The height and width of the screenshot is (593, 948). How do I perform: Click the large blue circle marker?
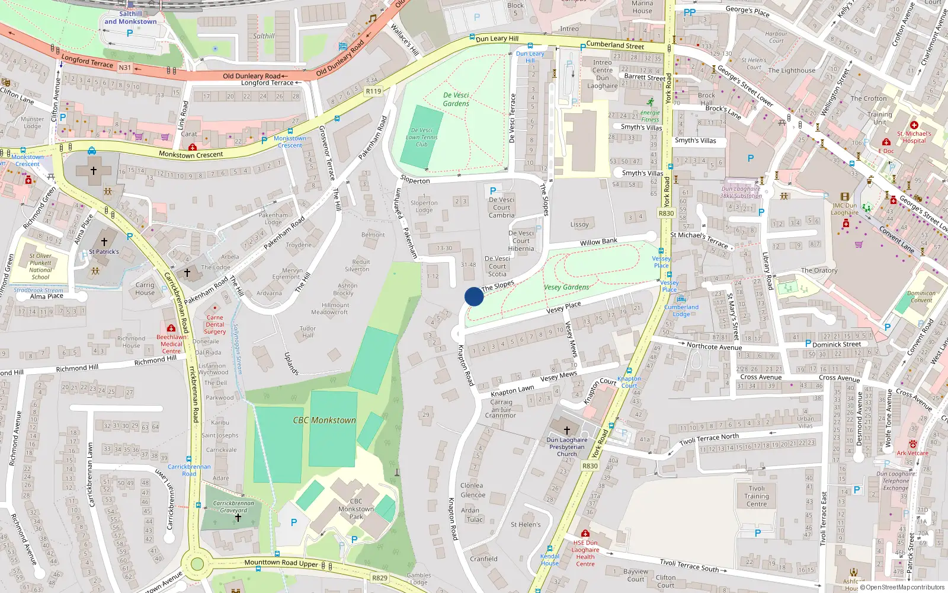click(x=474, y=296)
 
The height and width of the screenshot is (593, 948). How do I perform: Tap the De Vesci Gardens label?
click(x=456, y=99)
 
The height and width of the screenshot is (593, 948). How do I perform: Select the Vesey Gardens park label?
click(x=566, y=287)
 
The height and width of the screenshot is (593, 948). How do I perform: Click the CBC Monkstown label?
click(x=324, y=420)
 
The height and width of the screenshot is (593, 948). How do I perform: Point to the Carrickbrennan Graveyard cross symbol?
click(x=238, y=518)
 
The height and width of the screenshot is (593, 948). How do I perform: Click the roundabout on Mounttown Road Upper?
click(x=197, y=564)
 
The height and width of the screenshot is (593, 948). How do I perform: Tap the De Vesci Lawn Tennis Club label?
click(x=421, y=137)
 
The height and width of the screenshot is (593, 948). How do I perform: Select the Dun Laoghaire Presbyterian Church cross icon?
click(x=566, y=430)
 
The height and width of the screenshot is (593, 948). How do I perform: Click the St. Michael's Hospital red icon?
click(x=914, y=125)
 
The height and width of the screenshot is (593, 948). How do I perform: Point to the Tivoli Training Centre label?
click(x=757, y=496)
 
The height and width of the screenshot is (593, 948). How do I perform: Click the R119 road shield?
click(x=373, y=91)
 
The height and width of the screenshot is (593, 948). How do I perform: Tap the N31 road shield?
click(x=124, y=68)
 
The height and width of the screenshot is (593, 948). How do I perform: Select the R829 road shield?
click(x=380, y=578)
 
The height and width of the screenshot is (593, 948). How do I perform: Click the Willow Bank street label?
click(x=598, y=242)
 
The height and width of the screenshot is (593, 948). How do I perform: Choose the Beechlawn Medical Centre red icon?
click(x=171, y=328)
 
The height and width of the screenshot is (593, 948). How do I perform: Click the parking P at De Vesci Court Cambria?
click(x=493, y=191)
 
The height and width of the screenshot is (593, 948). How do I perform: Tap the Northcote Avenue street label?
click(x=714, y=347)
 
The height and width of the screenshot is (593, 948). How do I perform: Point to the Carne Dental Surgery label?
click(x=215, y=324)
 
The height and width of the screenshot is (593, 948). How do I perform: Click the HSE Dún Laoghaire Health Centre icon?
click(x=585, y=533)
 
